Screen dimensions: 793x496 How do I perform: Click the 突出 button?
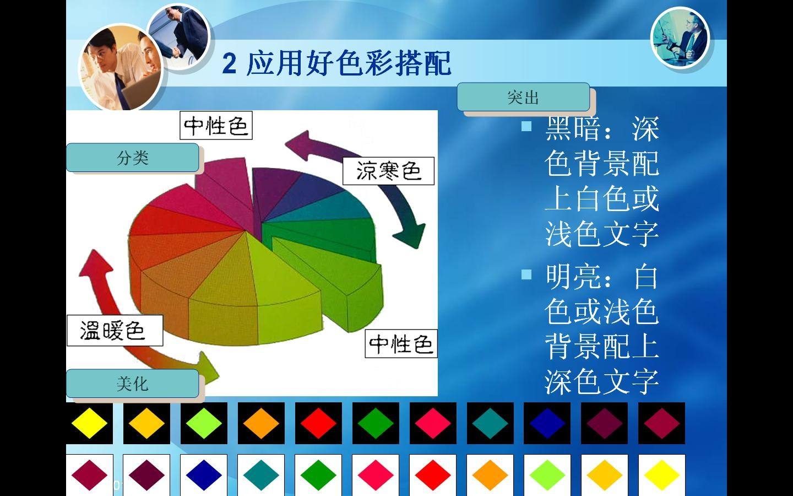click(x=523, y=97)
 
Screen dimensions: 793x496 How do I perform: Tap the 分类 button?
click(x=132, y=158)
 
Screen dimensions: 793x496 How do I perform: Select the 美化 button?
click(x=132, y=384)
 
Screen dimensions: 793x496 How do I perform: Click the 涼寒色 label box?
click(x=388, y=171)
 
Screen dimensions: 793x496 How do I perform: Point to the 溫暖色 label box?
click(x=115, y=330)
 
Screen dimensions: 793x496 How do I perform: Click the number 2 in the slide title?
click(x=229, y=64)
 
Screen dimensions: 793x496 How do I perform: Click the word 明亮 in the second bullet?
click(x=573, y=276)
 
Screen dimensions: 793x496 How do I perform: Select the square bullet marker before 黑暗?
click(x=526, y=126)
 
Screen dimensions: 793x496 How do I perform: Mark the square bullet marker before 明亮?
click(x=526, y=274)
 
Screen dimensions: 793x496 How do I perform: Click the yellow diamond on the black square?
click(x=89, y=423)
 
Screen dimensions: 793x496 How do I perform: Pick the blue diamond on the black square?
click(x=547, y=423)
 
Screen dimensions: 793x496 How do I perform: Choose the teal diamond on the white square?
click(x=261, y=475)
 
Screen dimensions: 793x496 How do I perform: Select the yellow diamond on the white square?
click(x=661, y=475)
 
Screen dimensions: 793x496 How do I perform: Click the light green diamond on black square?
click(x=204, y=423)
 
